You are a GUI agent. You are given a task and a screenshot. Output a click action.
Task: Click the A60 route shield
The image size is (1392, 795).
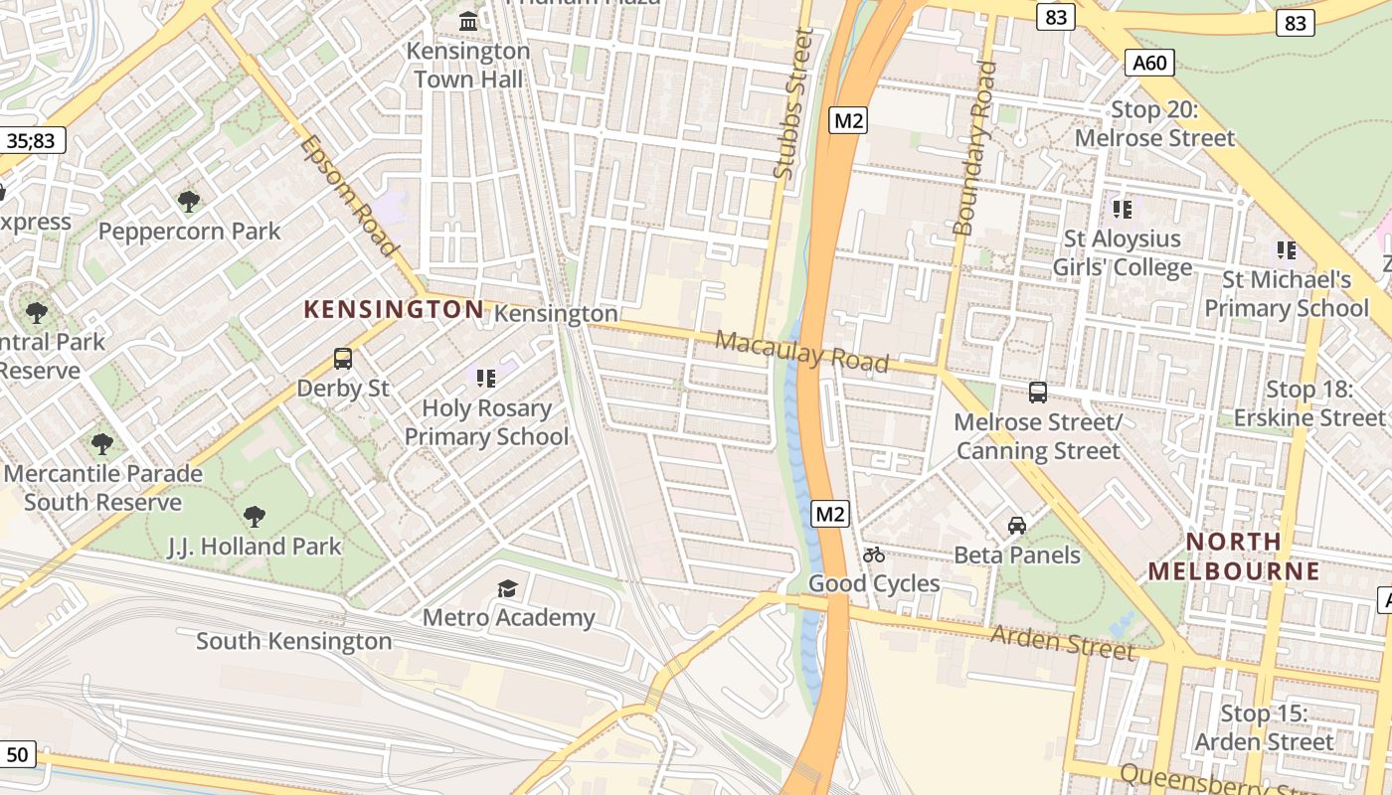(x=1149, y=63)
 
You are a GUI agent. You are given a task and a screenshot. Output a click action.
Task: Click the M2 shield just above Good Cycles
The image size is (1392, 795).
(x=830, y=514)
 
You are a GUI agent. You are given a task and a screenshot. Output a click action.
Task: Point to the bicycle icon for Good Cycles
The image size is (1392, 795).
(x=874, y=555)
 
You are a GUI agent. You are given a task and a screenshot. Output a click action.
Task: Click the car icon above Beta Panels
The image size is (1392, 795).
(x=1016, y=525)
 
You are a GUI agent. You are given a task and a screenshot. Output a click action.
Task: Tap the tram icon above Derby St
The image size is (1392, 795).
(x=343, y=358)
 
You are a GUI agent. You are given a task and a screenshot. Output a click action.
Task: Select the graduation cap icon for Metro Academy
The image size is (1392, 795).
(x=508, y=588)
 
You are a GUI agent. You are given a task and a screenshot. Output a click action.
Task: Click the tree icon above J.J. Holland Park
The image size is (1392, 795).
(x=255, y=517)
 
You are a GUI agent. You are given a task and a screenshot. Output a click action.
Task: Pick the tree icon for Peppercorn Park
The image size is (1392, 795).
(x=189, y=202)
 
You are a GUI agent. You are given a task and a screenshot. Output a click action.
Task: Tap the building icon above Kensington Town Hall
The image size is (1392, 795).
(x=467, y=20)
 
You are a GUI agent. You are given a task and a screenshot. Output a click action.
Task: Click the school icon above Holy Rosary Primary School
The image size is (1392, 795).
(x=485, y=378)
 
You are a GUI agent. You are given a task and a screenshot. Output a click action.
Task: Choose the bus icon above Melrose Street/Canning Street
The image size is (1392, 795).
(x=1038, y=392)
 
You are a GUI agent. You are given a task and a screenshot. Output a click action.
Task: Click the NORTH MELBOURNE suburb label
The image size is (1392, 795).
(x=1234, y=556)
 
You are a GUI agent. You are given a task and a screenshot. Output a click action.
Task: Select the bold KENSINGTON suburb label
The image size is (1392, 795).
(x=394, y=309)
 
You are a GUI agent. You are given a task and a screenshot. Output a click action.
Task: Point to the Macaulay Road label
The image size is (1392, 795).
(x=801, y=352)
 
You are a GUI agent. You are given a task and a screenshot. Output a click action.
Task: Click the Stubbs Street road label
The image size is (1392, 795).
(x=792, y=104)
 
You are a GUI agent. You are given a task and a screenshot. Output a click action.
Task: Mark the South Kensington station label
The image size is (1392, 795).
(x=293, y=641)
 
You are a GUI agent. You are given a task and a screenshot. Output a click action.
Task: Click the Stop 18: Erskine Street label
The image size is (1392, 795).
(x=1309, y=403)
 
